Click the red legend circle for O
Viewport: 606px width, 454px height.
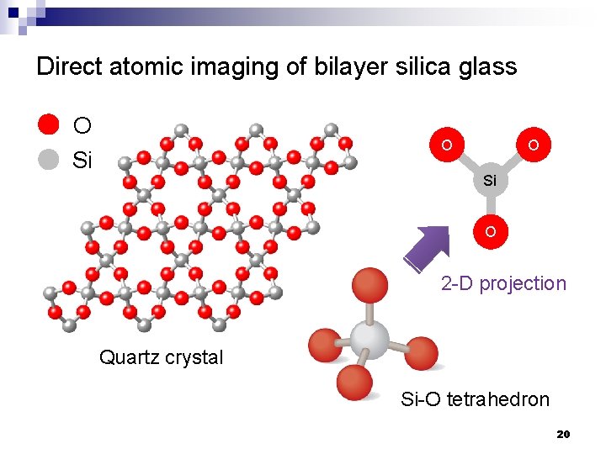[x=49, y=125]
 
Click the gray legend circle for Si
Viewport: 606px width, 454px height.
[x=49, y=160]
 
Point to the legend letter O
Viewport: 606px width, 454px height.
[x=82, y=126]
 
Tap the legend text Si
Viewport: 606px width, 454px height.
[x=82, y=161]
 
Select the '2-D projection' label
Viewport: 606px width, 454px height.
[x=503, y=283]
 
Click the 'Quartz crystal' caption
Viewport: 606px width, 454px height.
[x=162, y=357]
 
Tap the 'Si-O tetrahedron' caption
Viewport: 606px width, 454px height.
[x=475, y=399]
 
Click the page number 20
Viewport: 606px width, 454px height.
[x=564, y=434]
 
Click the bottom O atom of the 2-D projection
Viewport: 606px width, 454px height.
[x=490, y=230]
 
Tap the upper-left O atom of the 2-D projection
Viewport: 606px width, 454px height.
[x=446, y=145]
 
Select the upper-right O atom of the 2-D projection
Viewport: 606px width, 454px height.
[x=534, y=145]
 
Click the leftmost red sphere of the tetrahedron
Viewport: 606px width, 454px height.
[x=324, y=346]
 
